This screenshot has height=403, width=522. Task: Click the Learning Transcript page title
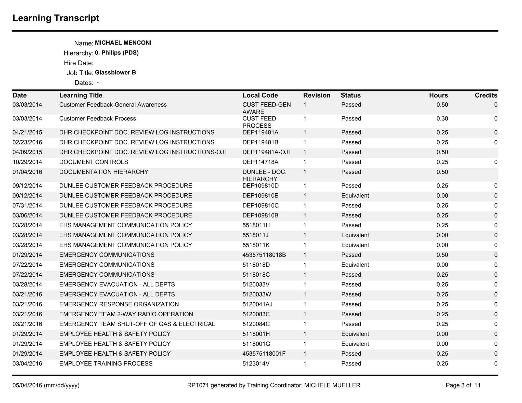56,18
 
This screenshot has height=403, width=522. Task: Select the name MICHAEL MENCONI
123,43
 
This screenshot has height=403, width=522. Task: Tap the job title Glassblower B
115,73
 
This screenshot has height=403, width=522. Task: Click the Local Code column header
260,95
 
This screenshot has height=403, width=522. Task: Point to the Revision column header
317,95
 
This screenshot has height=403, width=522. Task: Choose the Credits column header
486,95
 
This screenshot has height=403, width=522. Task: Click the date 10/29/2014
27,162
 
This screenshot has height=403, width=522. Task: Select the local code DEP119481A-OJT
267,152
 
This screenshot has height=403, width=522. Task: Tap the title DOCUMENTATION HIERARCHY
103,172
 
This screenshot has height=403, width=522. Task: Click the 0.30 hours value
442,118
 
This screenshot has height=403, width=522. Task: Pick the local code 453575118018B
264,255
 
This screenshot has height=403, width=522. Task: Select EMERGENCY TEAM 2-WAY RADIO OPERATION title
126,314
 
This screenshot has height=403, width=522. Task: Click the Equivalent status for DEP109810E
355,196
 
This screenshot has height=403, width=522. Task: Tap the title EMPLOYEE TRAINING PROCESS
106,364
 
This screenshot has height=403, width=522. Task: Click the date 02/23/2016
27,142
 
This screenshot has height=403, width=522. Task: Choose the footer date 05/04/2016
27,385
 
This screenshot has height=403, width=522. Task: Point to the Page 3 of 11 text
463,385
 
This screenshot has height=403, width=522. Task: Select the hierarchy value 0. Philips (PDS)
117,53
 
